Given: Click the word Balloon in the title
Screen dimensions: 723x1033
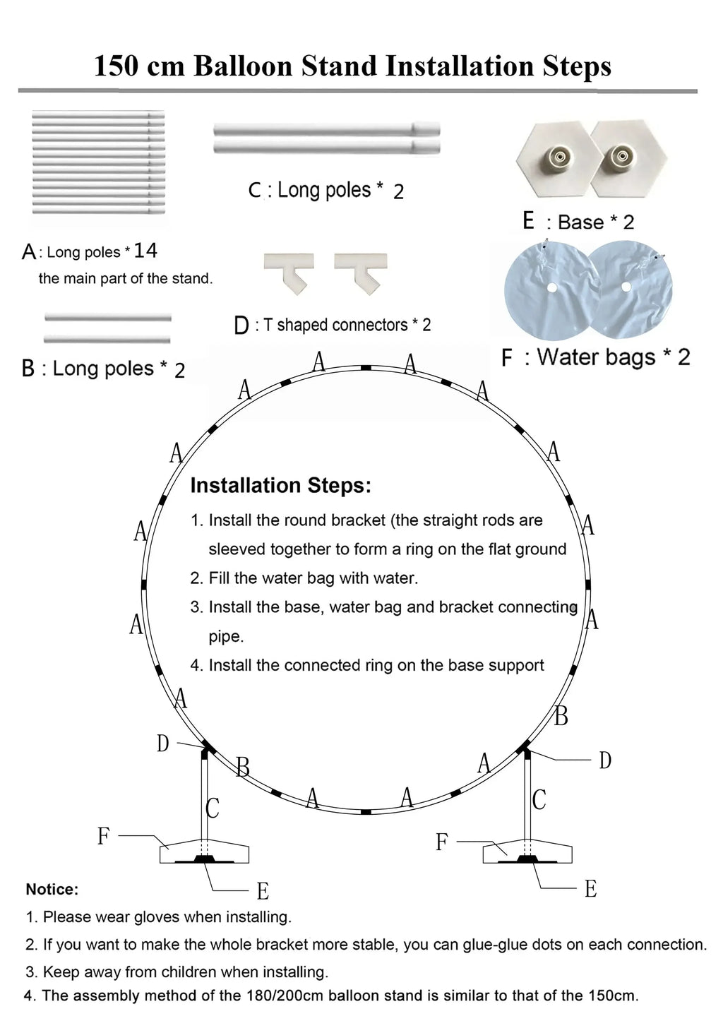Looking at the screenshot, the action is click(243, 66).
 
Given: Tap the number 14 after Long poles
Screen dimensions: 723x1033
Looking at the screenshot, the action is click(145, 251).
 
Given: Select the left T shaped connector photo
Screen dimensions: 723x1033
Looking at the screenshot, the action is click(289, 274).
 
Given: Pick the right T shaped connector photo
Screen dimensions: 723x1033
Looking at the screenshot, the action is click(361, 274).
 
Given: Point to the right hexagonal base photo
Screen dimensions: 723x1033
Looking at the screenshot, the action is click(630, 159).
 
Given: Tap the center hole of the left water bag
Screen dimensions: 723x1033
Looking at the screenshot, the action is click(551, 287).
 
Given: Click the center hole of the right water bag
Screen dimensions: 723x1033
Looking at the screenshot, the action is click(626, 287).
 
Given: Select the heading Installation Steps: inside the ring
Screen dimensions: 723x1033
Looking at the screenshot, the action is click(281, 486).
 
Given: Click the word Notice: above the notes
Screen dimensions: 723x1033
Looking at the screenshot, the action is click(52, 889).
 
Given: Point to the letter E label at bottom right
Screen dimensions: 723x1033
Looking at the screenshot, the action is click(591, 889).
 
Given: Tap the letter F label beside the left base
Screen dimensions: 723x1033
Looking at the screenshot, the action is click(104, 835).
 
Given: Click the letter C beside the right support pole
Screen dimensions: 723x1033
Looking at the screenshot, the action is click(539, 799).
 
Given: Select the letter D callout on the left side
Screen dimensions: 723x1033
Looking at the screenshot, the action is click(162, 744).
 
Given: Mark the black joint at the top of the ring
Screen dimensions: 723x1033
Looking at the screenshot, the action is click(366, 368).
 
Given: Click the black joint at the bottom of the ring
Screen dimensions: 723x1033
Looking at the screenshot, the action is click(366, 812).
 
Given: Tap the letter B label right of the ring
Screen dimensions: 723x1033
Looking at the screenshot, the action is click(561, 716).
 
